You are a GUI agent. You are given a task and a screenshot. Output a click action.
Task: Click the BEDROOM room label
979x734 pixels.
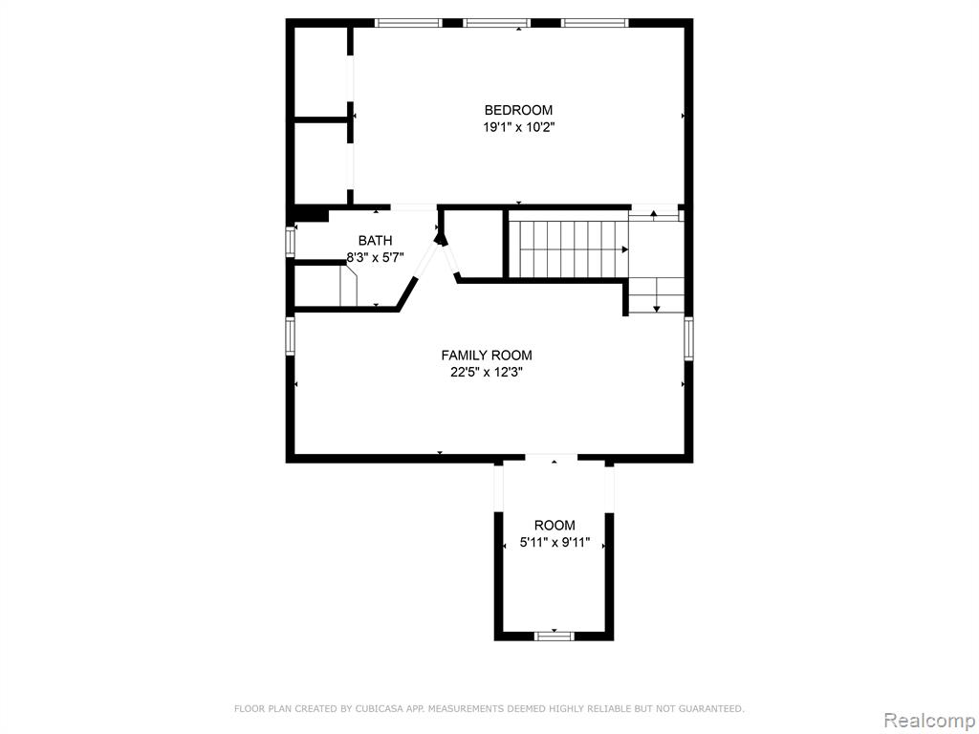(518, 111)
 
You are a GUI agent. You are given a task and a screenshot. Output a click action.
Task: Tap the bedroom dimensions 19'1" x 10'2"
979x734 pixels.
(518, 128)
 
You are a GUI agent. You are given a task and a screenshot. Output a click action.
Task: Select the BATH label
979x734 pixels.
(375, 240)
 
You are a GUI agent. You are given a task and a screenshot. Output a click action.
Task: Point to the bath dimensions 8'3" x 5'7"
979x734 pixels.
(375, 256)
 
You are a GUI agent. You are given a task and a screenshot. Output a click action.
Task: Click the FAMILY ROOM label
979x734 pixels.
(487, 356)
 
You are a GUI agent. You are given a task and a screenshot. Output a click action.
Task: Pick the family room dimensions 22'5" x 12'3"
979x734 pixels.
(487, 373)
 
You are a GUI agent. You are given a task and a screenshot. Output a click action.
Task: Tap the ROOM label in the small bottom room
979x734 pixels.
(555, 526)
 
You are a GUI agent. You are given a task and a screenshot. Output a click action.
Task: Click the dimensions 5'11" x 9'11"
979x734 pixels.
(555, 543)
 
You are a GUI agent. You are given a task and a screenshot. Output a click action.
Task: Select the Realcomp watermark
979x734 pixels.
(929, 721)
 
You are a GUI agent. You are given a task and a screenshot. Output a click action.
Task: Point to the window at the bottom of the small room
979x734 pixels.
(554, 636)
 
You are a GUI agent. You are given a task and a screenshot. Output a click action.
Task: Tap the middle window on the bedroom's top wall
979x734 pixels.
(496, 23)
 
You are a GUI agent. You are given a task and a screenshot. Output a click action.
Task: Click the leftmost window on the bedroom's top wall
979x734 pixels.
(408, 23)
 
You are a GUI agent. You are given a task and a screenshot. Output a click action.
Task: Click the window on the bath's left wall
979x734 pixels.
(291, 241)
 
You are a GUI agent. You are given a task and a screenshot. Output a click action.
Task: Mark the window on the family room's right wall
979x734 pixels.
(688, 338)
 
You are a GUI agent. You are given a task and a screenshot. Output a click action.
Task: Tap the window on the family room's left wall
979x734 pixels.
(291, 335)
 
